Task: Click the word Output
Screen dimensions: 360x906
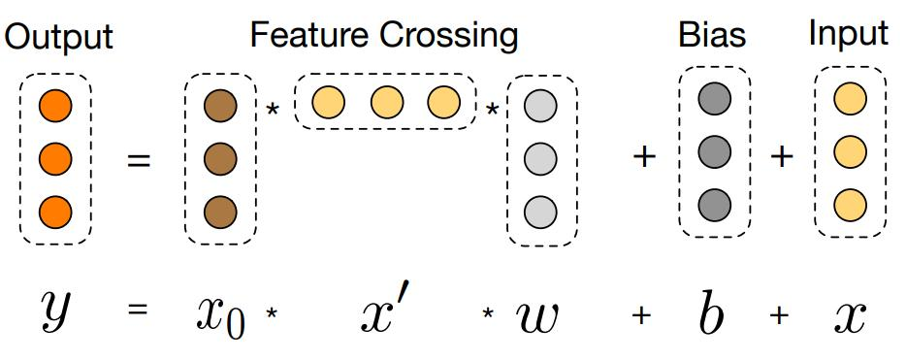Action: click(59, 38)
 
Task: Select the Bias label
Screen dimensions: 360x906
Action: click(712, 36)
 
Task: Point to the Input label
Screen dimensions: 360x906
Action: click(849, 34)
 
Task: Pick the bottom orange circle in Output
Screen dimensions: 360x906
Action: click(54, 209)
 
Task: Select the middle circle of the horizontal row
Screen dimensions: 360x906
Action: click(385, 101)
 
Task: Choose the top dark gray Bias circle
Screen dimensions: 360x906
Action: click(715, 99)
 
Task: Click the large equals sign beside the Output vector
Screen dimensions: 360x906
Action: click(140, 161)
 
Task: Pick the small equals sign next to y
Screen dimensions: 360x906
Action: click(139, 313)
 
